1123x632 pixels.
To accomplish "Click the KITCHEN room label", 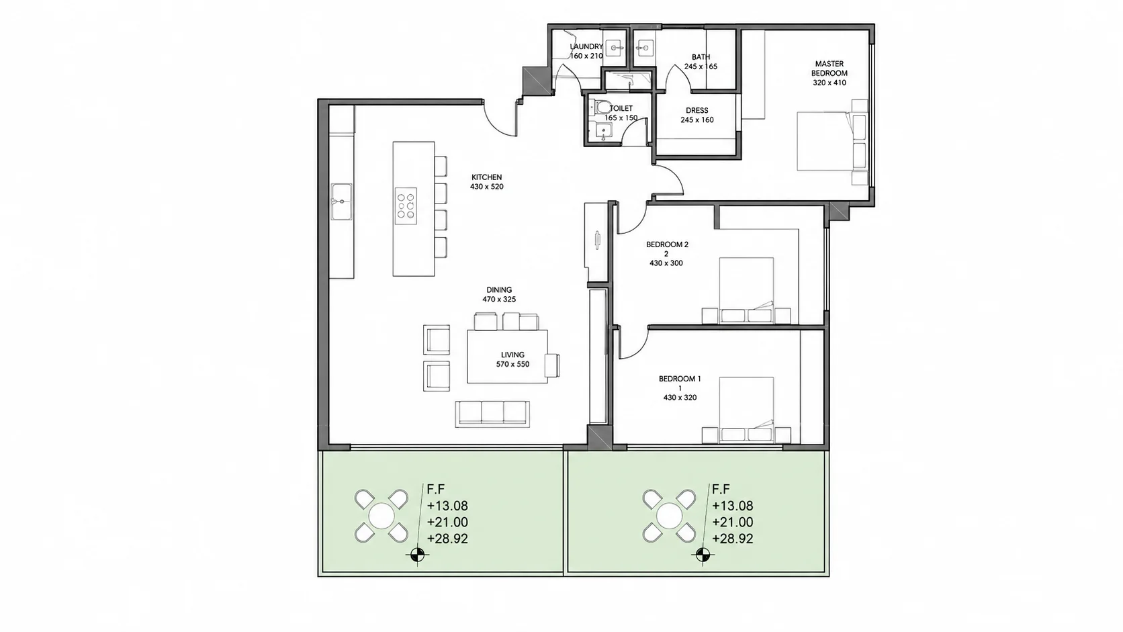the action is pyautogui.click(x=486, y=177).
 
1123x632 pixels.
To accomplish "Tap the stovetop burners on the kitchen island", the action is pyautogui.click(x=406, y=206).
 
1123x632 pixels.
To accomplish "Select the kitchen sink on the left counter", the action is pyautogui.click(x=341, y=201).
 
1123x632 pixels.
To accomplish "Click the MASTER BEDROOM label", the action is pyautogui.click(x=829, y=68).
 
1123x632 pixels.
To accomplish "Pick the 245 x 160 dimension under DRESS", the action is pyautogui.click(x=697, y=120).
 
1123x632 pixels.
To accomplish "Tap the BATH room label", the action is pyautogui.click(x=701, y=57).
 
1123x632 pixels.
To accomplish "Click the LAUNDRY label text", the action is pyautogui.click(x=586, y=46).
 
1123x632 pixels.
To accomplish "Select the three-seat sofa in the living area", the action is pyautogui.click(x=492, y=414).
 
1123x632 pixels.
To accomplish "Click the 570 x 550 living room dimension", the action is pyautogui.click(x=513, y=365).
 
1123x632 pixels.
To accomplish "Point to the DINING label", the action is pyautogui.click(x=499, y=289).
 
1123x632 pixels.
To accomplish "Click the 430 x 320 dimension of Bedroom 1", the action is pyautogui.click(x=680, y=398).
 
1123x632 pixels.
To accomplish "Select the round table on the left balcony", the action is pyautogui.click(x=381, y=516).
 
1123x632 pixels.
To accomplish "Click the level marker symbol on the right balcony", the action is pyautogui.click(x=703, y=555).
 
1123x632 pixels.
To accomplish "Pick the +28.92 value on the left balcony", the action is pyautogui.click(x=447, y=539).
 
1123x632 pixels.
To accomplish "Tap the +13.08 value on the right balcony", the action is pyautogui.click(x=733, y=506).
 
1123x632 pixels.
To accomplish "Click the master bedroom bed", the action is pyautogui.click(x=832, y=141).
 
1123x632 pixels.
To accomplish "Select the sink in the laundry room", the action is pyautogui.click(x=615, y=48).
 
